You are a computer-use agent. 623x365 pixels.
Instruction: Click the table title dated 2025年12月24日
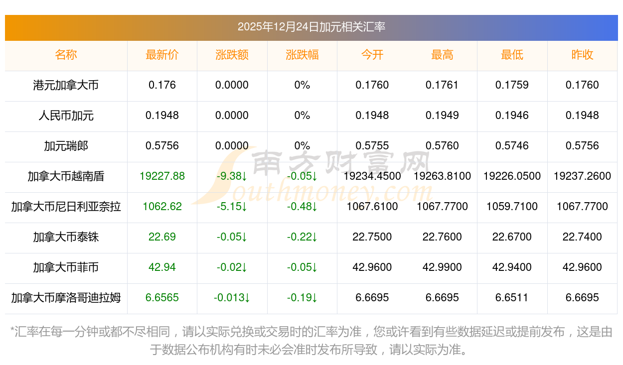tap(311, 27)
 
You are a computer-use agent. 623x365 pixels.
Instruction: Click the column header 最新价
tap(162, 55)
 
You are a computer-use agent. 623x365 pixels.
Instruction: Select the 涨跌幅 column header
tap(302, 55)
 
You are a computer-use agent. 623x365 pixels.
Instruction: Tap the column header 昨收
tap(582, 55)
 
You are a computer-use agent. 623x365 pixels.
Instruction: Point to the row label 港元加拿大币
tap(66, 85)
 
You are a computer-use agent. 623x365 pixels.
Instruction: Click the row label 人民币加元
tap(66, 116)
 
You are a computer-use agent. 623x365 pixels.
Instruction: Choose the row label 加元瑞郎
tap(66, 146)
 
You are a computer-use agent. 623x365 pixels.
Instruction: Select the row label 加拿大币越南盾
tap(66, 176)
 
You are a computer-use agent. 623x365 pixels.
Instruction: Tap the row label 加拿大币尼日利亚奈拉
tap(66, 207)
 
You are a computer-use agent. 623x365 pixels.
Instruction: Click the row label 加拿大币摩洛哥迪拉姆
tap(66, 298)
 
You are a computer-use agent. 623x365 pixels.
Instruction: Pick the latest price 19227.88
tap(162, 176)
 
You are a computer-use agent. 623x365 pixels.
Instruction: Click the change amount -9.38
tap(232, 176)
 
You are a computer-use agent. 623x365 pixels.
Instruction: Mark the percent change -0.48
tap(302, 207)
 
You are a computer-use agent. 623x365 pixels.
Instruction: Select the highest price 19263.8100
tap(442, 176)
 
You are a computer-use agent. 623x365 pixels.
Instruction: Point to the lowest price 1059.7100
tap(512, 207)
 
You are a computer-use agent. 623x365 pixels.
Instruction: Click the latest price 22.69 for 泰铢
tap(162, 237)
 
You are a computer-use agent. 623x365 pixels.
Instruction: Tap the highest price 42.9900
tap(442, 267)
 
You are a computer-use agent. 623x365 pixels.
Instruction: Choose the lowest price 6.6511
tap(512, 298)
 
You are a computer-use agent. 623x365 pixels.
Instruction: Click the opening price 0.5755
tap(372, 146)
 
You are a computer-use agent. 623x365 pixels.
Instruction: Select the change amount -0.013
tap(232, 298)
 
